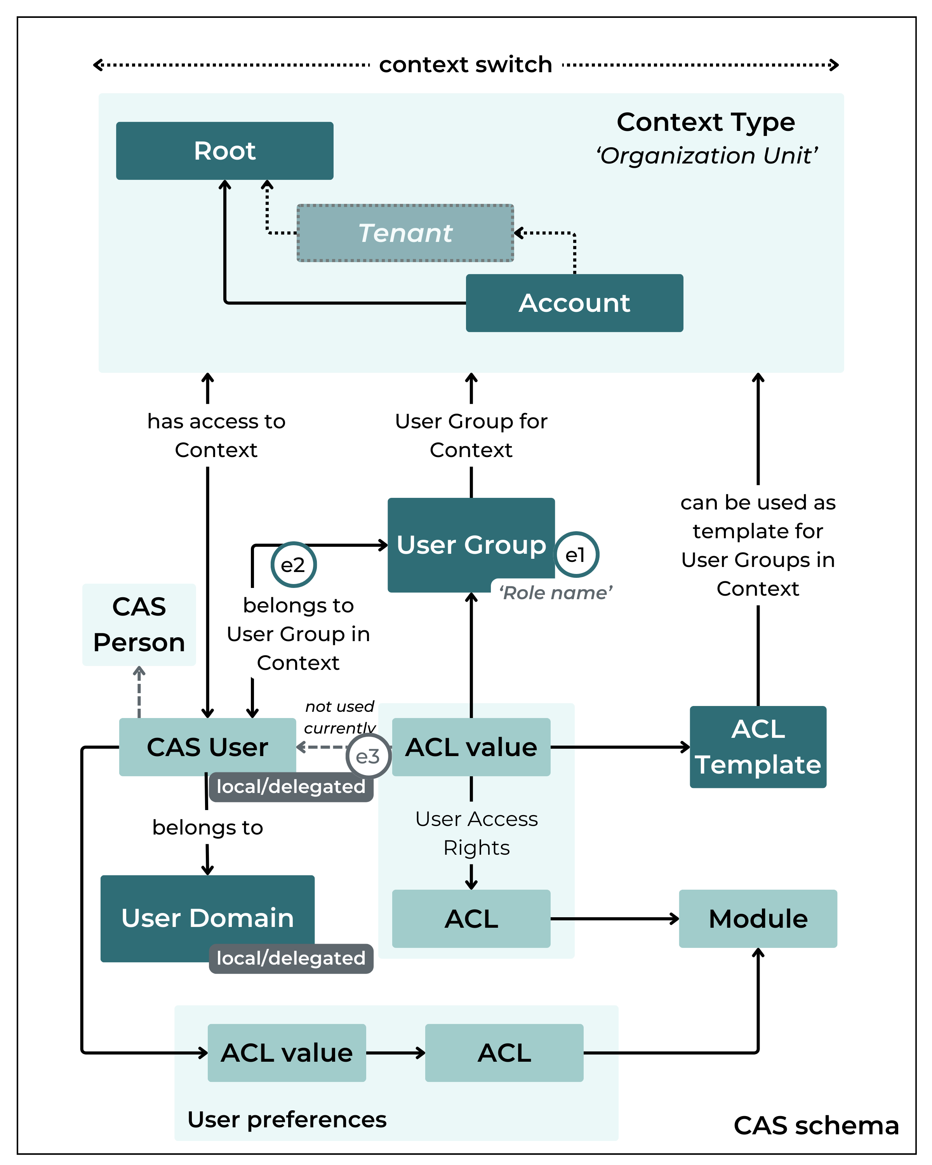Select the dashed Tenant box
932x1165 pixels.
click(x=405, y=233)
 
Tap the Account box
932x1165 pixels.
click(x=574, y=303)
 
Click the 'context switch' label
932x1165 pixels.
click(x=465, y=65)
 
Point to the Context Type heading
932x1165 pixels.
click(x=706, y=122)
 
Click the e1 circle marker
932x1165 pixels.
click(x=576, y=555)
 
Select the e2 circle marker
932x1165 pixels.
click(x=293, y=565)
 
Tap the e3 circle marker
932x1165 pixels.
click(x=368, y=756)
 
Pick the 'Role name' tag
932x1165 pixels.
click(x=555, y=593)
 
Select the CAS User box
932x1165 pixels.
click(x=207, y=747)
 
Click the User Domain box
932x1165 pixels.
click(x=207, y=918)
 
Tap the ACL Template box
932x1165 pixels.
click(x=758, y=747)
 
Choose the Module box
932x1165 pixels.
click(x=758, y=918)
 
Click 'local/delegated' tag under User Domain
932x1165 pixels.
click(x=291, y=958)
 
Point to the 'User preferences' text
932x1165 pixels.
click(x=287, y=1119)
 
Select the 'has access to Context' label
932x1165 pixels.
click(x=216, y=435)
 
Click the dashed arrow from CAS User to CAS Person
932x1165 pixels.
click(x=139, y=693)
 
